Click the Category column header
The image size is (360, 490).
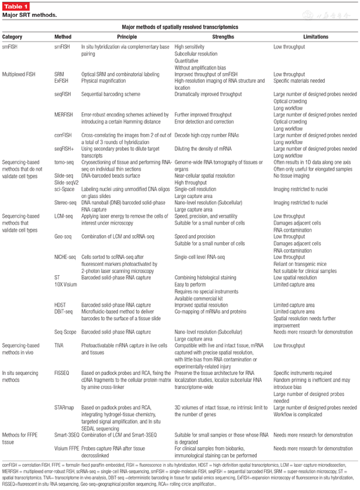pyautogui.click(x=13, y=36)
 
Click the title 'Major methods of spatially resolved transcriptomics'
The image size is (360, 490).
pyautogui.click(x=180, y=26)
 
